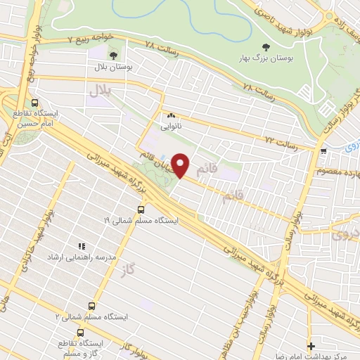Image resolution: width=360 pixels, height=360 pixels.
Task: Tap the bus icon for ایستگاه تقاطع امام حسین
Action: [35, 101]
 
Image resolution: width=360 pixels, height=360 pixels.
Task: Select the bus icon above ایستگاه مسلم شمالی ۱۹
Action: [141, 210]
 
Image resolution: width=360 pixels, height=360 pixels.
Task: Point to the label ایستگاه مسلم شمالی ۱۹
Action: [141, 220]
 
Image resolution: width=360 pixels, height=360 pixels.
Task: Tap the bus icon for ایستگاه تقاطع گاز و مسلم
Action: [81, 332]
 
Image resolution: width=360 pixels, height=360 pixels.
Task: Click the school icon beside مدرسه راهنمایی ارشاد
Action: [82, 247]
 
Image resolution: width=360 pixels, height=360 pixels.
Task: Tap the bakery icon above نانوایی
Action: [170, 116]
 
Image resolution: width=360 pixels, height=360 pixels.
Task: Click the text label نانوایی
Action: [170, 127]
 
